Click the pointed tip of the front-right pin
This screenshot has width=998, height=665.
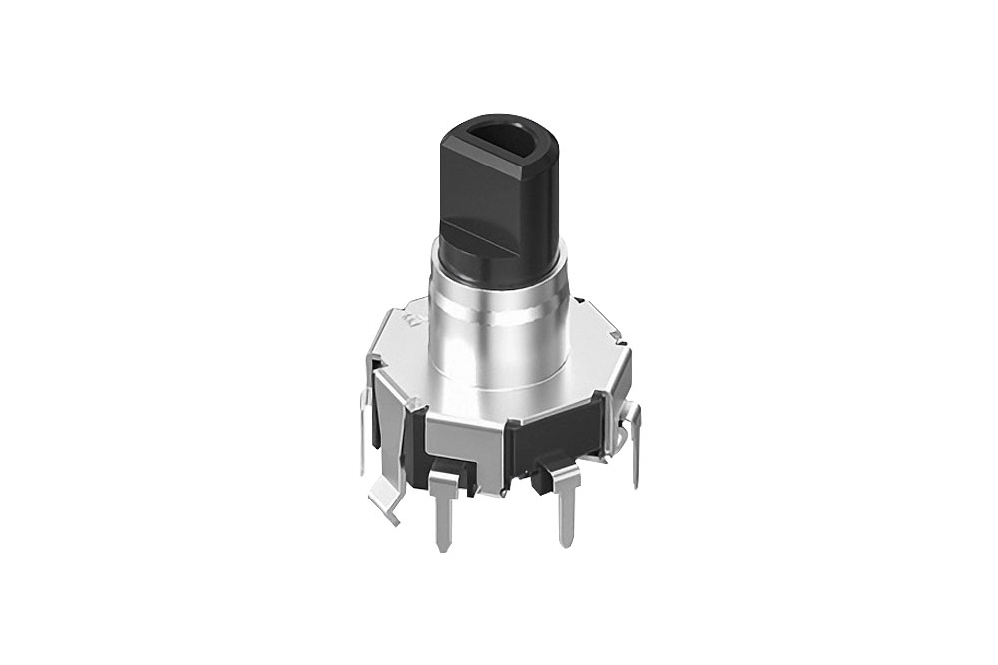(567, 544)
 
